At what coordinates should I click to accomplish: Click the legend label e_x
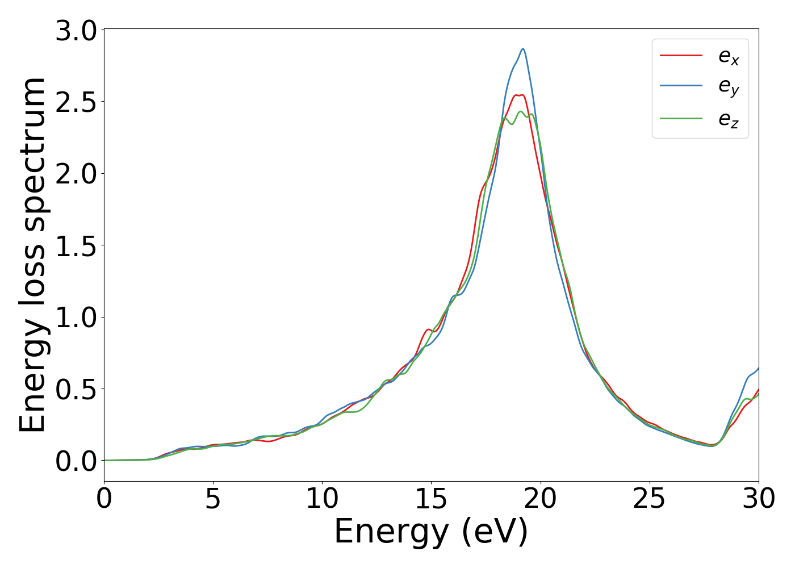tap(729, 57)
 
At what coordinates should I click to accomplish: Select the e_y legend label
tap(729, 87)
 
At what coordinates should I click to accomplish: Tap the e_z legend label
tap(729, 119)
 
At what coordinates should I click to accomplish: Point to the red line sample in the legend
tap(681, 56)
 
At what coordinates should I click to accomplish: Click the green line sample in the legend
tap(681, 118)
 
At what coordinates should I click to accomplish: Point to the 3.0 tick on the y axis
tap(77, 30)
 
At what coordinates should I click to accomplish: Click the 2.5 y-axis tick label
tap(77, 102)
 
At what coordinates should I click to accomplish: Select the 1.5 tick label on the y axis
tap(77, 246)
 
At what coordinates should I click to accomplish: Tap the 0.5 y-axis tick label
tap(77, 390)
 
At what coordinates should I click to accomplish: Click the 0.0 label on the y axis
tap(77, 461)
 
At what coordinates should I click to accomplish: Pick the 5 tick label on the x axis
tap(213, 499)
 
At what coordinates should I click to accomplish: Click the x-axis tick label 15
tap(431, 499)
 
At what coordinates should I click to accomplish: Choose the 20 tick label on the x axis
tap(540, 499)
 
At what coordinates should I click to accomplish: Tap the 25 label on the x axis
tap(649, 499)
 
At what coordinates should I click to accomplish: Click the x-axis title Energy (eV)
tap(431, 532)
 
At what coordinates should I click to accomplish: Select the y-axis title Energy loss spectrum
tap(32, 254)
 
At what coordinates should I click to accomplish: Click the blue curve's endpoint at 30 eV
tap(758, 369)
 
